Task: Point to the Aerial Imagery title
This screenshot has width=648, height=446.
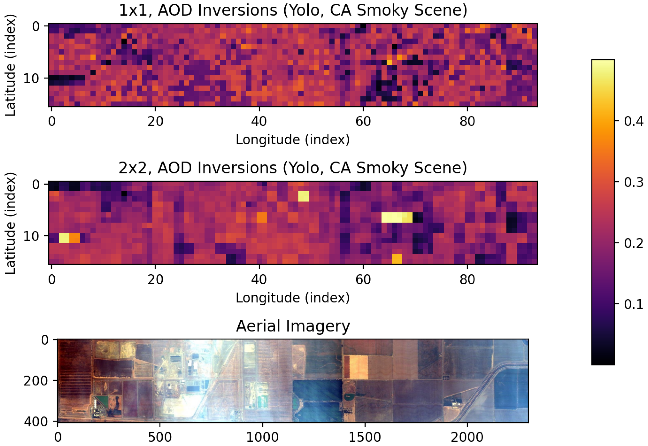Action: (x=293, y=326)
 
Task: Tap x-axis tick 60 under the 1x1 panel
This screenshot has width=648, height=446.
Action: (x=363, y=121)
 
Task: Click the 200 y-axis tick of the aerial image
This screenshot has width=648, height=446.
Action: (x=36, y=380)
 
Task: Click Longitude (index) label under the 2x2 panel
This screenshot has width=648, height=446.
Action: (x=293, y=298)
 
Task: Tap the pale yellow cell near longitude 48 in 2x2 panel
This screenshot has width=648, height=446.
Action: (x=303, y=196)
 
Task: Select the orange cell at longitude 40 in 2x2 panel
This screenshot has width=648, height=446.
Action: (x=262, y=217)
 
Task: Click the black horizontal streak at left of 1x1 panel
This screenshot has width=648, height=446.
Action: (x=67, y=80)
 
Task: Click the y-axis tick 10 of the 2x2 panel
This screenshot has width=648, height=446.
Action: (x=31, y=236)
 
